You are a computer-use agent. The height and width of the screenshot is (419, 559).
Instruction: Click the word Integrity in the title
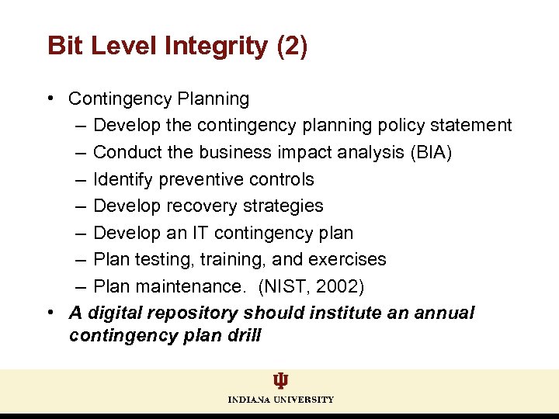(217, 46)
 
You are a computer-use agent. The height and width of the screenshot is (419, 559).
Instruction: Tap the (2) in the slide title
(292, 46)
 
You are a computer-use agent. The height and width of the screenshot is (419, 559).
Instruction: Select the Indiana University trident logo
(280, 381)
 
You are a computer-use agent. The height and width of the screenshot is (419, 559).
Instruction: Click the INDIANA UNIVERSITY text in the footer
(280, 400)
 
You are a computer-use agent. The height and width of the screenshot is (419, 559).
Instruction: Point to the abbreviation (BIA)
(430, 152)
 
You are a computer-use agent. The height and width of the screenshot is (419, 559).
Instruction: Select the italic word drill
(243, 336)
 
